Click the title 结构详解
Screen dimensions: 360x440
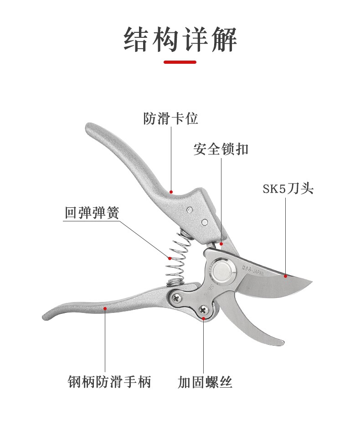click(180, 40)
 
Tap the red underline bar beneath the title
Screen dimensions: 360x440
click(180, 62)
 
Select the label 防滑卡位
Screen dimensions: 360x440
click(171, 119)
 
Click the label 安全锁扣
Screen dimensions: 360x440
click(221, 149)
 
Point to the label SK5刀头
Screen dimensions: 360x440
click(288, 189)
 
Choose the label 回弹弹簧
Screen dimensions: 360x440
click(92, 212)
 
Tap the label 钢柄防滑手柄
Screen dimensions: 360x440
click(109, 381)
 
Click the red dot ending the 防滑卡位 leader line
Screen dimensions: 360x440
click(171, 192)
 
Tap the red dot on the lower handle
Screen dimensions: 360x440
click(105, 308)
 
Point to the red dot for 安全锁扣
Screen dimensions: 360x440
click(221, 244)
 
